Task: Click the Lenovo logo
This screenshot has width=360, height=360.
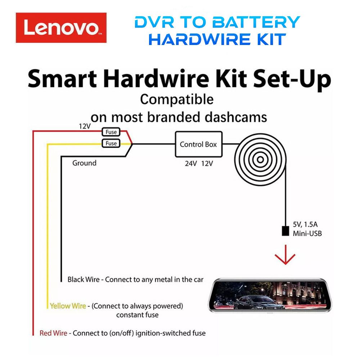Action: coord(61,28)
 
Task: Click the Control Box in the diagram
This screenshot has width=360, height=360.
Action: coord(198,144)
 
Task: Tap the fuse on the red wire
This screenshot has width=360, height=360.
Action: coord(111,132)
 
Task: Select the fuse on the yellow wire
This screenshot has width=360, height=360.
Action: coord(111,143)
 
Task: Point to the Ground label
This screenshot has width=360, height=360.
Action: coord(84,163)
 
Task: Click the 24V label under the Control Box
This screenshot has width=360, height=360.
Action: coord(190,163)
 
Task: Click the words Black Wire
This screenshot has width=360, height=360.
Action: coord(85,279)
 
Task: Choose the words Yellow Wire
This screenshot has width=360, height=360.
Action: coord(68,306)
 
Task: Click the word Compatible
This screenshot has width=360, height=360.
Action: coord(176,99)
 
